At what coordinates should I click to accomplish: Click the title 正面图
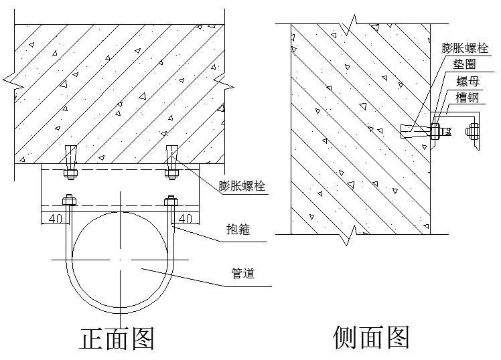pyautogui.click(x=117, y=339)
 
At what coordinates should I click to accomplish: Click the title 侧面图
pyautogui.click(x=370, y=337)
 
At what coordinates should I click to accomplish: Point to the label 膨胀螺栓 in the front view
pyautogui.click(x=241, y=186)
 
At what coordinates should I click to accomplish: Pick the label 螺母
pyautogui.click(x=467, y=82)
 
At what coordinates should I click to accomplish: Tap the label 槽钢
pyautogui.click(x=467, y=98)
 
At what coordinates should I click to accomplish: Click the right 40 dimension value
pyautogui.click(x=186, y=217)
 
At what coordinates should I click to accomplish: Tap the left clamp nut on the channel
pyautogui.click(x=68, y=199)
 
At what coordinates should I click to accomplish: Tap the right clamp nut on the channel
pyautogui.click(x=171, y=199)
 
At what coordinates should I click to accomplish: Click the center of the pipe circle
pyautogui.click(x=121, y=260)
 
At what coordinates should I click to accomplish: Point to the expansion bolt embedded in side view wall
pyautogui.click(x=415, y=130)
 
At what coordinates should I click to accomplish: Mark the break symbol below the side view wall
pyautogui.click(x=349, y=235)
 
